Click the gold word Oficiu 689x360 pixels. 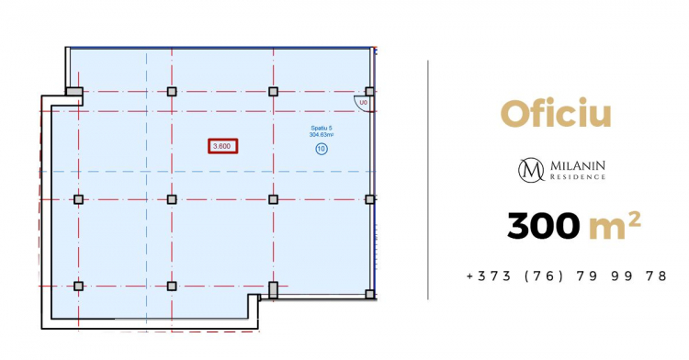coord(556,114)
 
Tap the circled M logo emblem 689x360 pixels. coord(531,170)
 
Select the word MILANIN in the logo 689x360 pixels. coord(578,166)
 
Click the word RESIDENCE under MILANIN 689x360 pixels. coord(578,177)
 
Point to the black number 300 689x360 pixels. coord(543,226)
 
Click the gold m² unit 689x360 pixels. coord(614,226)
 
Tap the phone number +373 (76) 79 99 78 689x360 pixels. coord(567,276)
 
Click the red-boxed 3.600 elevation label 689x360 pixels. coord(223,146)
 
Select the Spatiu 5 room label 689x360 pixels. coord(322,129)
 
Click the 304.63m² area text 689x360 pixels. coord(322,135)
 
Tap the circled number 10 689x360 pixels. coord(322,149)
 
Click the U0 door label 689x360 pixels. coord(363,102)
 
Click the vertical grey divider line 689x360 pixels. coord(427,180)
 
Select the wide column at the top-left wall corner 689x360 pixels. coord(74,91)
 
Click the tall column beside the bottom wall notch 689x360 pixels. coord(274,290)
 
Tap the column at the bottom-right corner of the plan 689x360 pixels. coord(370,294)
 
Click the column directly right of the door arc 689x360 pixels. coord(370,91)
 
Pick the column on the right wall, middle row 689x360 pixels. coord(370,200)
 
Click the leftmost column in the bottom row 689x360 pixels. coord(78,287)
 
